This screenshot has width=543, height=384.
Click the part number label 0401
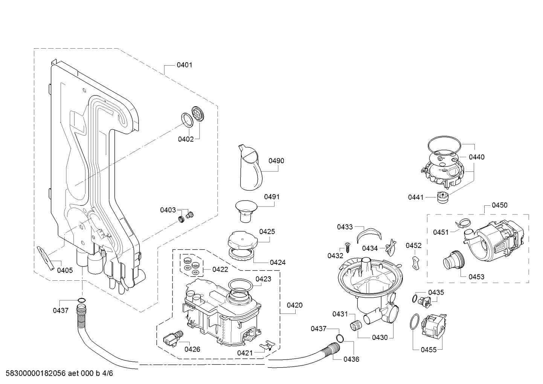[185, 65]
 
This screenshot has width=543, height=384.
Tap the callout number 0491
[271, 197]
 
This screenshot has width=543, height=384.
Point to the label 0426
[192, 349]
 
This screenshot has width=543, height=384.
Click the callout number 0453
[476, 277]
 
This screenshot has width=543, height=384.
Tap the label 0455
[429, 350]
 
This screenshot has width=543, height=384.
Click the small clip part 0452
[416, 262]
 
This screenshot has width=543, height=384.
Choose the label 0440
[477, 157]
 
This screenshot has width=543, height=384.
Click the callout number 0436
[351, 359]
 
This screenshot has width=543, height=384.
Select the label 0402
[186, 139]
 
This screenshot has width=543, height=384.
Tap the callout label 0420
[294, 305]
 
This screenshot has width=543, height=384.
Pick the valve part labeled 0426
[172, 337]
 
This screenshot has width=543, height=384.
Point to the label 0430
[380, 337]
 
